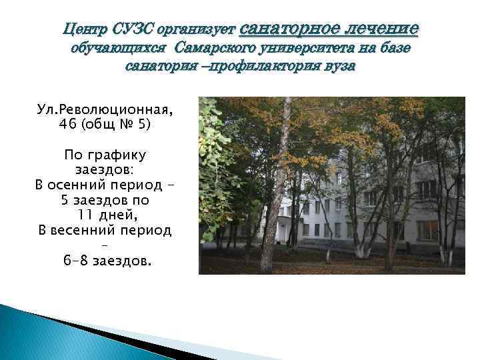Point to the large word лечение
coord(379,28)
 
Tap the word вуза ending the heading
coord(339,67)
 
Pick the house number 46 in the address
coord(67,124)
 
